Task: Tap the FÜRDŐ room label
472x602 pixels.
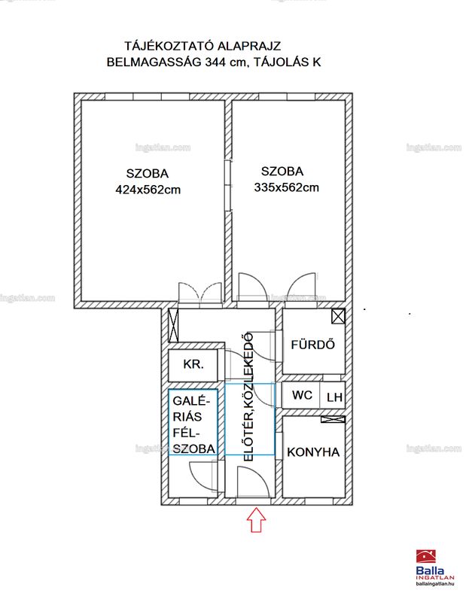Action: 312,344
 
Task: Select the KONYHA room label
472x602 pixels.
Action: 313,452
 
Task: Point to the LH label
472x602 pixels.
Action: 334,397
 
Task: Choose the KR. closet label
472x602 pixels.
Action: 193,364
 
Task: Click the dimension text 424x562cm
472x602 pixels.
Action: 148,190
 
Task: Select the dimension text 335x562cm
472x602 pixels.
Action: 287,187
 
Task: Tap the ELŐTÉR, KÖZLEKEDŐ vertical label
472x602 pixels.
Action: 249,397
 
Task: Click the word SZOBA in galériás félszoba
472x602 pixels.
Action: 193,448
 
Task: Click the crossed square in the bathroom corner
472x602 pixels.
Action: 338,317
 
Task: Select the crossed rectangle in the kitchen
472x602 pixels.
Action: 333,420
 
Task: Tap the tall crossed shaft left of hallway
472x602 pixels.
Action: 174,326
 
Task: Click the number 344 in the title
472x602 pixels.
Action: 215,62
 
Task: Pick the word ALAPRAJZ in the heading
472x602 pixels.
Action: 249,46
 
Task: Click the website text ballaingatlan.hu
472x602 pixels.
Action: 435,584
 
